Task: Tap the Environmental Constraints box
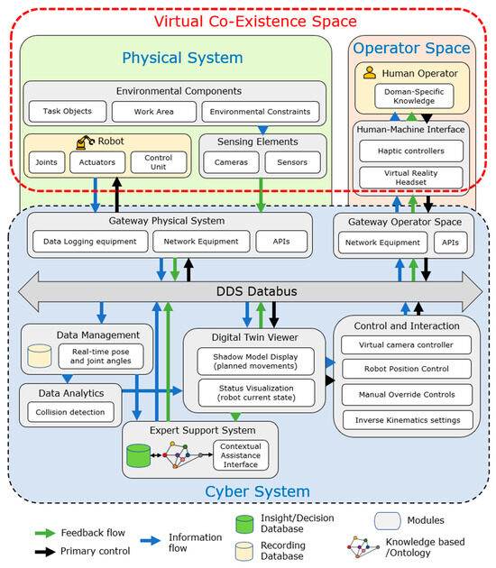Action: click(x=260, y=112)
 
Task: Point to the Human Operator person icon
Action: click(x=369, y=71)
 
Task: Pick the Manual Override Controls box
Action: click(x=408, y=393)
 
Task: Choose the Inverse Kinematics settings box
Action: click(x=408, y=419)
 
